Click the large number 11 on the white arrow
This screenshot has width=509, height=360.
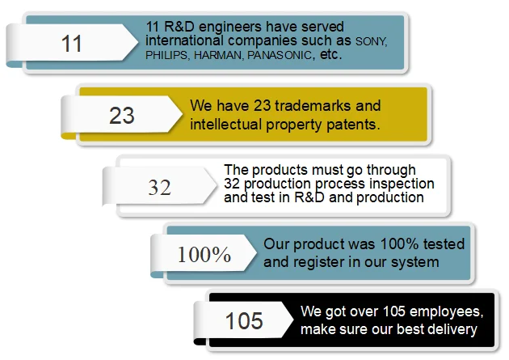click(71, 44)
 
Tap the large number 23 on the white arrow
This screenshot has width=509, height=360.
click(122, 116)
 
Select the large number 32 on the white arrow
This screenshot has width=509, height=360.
click(159, 188)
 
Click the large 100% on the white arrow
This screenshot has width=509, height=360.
click(204, 254)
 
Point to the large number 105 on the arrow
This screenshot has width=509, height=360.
click(244, 321)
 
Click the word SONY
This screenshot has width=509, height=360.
click(371, 41)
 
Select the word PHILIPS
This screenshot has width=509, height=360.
click(166, 55)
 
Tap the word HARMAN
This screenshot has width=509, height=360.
click(218, 55)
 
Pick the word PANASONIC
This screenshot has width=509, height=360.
click(280, 55)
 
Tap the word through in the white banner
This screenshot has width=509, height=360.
click(391, 170)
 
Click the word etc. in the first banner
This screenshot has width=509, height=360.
click(330, 54)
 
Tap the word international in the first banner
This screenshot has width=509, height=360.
click(184, 41)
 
